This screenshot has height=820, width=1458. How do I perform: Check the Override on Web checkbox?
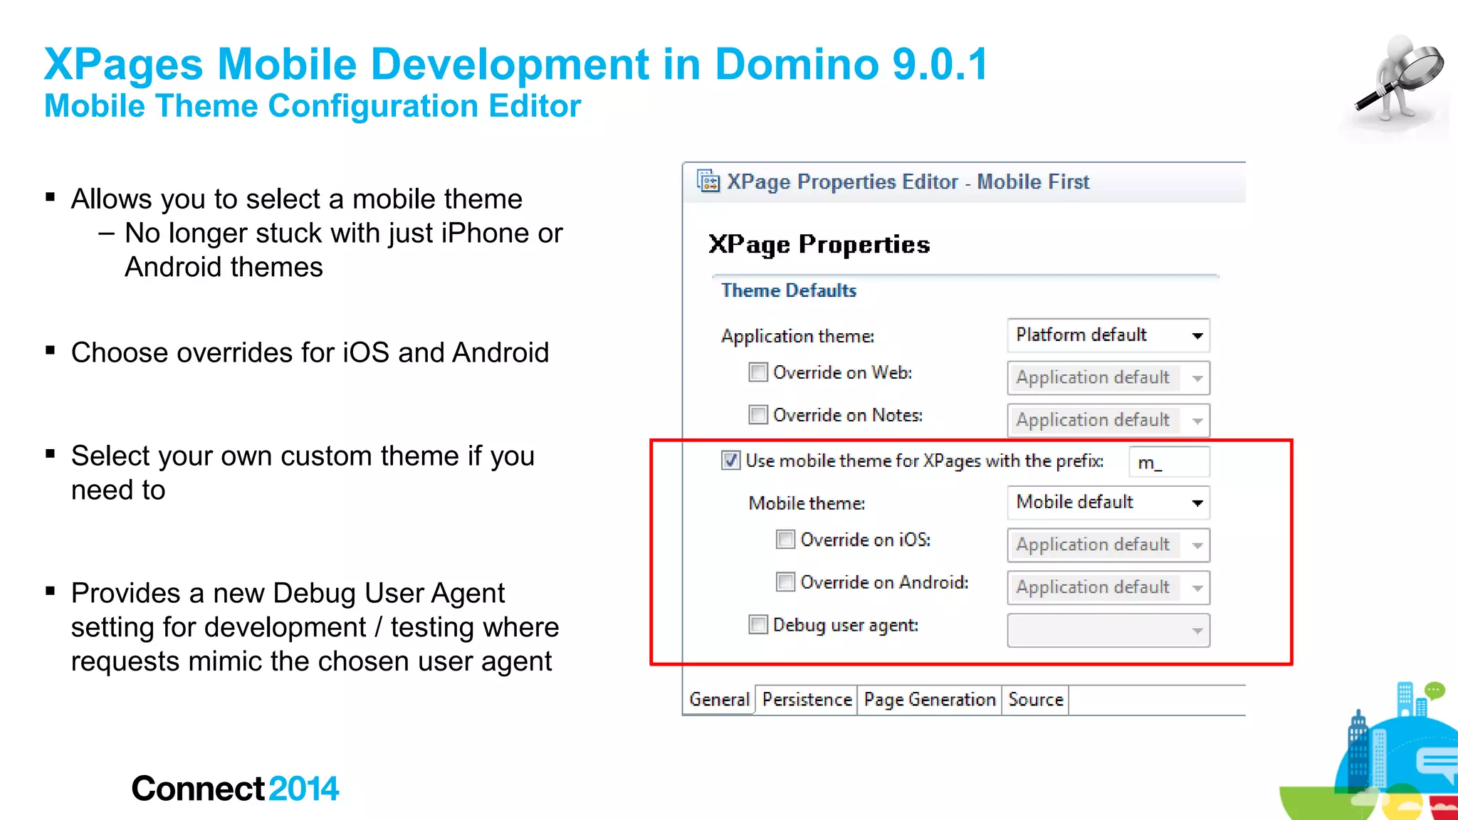click(758, 372)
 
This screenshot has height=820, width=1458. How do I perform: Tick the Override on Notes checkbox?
click(758, 415)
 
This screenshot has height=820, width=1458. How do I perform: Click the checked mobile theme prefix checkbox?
click(731, 461)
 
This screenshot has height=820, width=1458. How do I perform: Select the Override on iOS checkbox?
click(785, 540)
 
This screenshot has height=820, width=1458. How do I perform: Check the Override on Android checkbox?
click(785, 582)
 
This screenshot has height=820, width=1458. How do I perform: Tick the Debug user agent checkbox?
click(758, 625)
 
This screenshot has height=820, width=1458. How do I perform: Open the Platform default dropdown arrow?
click(1197, 336)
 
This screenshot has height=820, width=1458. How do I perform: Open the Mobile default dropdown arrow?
click(1197, 503)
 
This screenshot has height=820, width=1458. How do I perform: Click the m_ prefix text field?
click(1169, 463)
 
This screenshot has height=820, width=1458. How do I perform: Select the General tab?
click(719, 700)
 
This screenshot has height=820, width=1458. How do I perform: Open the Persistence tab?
click(807, 700)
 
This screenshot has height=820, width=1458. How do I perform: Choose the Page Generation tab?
click(929, 700)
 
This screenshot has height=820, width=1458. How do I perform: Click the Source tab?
click(1035, 700)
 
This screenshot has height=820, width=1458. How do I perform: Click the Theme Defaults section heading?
click(789, 290)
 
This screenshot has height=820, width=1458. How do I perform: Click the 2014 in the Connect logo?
click(304, 789)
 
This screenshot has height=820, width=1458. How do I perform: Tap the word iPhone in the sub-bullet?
click(485, 233)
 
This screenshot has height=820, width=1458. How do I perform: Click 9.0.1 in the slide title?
click(940, 64)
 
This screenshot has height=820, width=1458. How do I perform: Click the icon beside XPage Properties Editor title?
click(708, 182)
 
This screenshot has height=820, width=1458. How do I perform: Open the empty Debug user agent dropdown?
click(1108, 631)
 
